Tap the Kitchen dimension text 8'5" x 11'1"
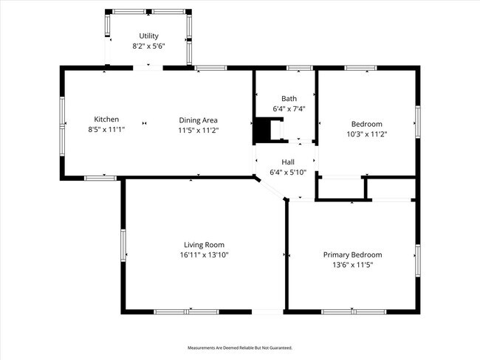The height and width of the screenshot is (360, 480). tap(106, 130)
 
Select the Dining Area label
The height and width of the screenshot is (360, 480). tap(199, 120)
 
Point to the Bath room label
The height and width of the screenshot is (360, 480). tap(289, 98)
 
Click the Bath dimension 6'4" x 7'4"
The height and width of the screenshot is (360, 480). tap(289, 108)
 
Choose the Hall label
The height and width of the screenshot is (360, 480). tap(289, 162)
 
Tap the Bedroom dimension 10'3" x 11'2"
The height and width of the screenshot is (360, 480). tap(366, 134)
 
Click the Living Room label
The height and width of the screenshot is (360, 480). tap(204, 245)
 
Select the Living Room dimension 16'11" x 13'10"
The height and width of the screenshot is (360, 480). tap(204, 255)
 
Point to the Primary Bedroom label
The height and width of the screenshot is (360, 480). tap(352, 255)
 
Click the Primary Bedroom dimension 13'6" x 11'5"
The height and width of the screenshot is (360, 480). tap(352, 265)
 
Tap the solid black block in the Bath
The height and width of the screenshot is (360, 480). tap(261, 131)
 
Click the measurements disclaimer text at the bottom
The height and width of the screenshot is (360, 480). tap(240, 347)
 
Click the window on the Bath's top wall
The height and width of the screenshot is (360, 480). tap(299, 68)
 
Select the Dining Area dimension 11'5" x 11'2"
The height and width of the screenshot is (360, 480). tap(199, 130)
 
